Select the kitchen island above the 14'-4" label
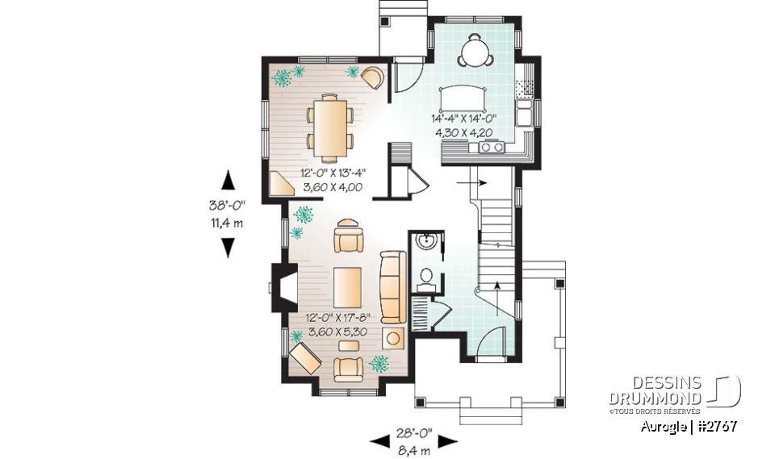(463, 98)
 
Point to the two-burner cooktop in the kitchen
(491, 147)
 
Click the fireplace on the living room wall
(279, 288)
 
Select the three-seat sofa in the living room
(392, 286)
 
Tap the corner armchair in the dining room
(372, 78)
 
